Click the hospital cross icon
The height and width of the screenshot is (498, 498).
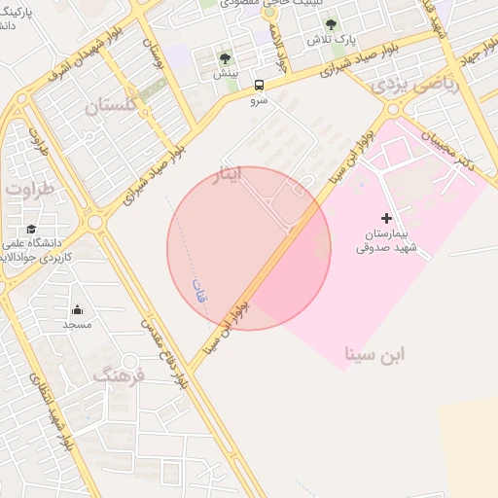click(386, 218)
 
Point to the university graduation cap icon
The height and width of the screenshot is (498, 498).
click(30, 228)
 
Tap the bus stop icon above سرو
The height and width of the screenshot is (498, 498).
click(259, 85)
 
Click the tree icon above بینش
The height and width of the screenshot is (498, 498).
click(226, 59)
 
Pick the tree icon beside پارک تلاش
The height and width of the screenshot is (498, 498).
click(331, 24)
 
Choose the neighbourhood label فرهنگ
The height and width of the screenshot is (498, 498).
click(119, 373)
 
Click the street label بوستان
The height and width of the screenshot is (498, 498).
click(154, 53)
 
